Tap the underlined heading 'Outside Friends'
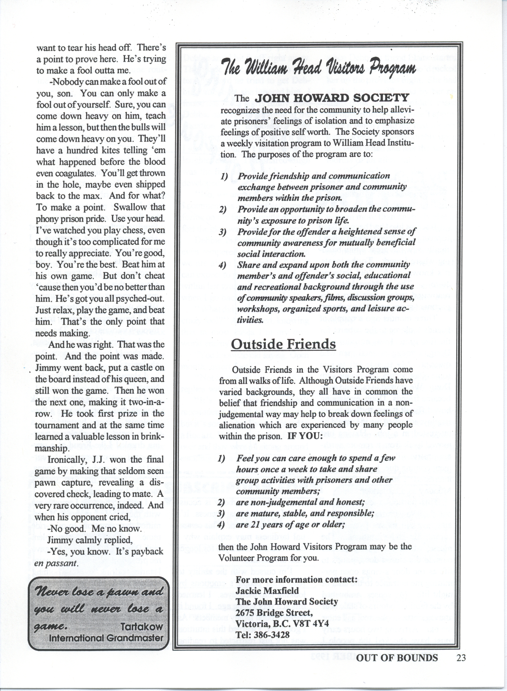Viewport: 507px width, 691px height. click(x=283, y=344)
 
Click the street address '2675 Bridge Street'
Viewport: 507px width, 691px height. click(x=274, y=602)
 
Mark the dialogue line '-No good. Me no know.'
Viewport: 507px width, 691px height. click(x=94, y=529)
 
